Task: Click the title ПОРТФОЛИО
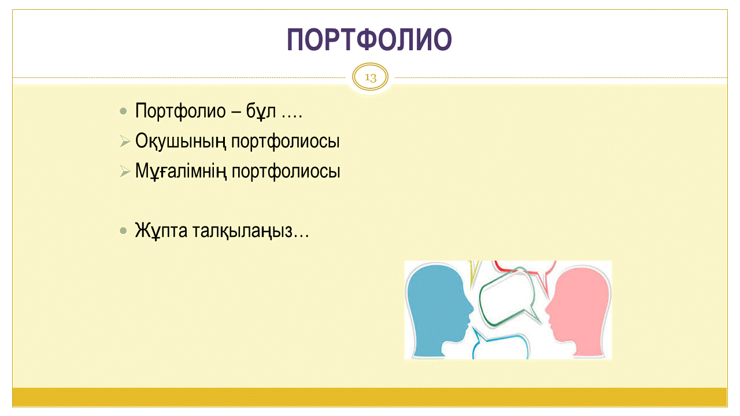pos(369,40)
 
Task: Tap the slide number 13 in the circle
pos(371,77)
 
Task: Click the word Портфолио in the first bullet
pos(180,110)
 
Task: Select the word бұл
pos(261,110)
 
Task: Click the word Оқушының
pos(181,141)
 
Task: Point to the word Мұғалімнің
pos(181,171)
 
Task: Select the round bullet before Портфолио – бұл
pos(123,112)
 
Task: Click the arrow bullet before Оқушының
pos(125,142)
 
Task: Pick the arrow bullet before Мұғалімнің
pos(125,172)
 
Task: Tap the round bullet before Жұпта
pos(123,231)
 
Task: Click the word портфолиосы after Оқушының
pos(286,141)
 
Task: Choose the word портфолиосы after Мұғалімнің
pos(286,171)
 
